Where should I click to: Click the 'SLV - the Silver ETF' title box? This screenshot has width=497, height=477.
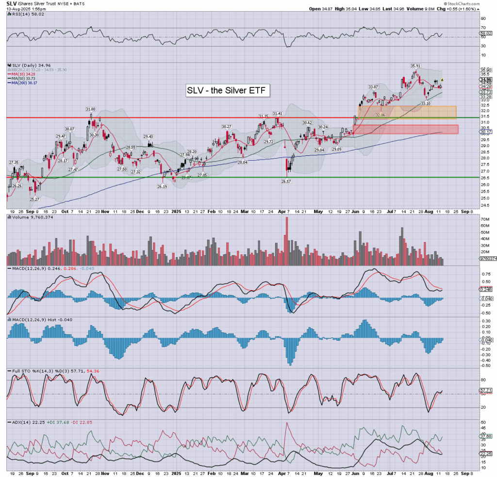[x=227, y=91]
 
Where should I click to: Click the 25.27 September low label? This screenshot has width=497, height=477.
[x=34, y=199]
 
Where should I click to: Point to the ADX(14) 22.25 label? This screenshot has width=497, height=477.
[x=19, y=422]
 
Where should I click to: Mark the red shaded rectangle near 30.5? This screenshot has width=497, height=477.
[x=405, y=129]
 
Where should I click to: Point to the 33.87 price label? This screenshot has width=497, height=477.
[x=373, y=87]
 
